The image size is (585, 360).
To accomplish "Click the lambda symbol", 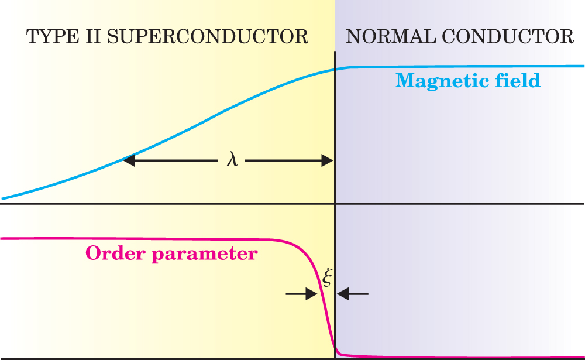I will pyautogui.click(x=232, y=159).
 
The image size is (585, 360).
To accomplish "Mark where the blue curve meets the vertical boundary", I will pyautogui.click(x=335, y=70).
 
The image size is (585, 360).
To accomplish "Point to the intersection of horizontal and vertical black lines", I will pyautogui.click(x=335, y=204).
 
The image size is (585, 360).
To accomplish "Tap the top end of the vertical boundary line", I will pyautogui.click(x=335, y=53).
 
